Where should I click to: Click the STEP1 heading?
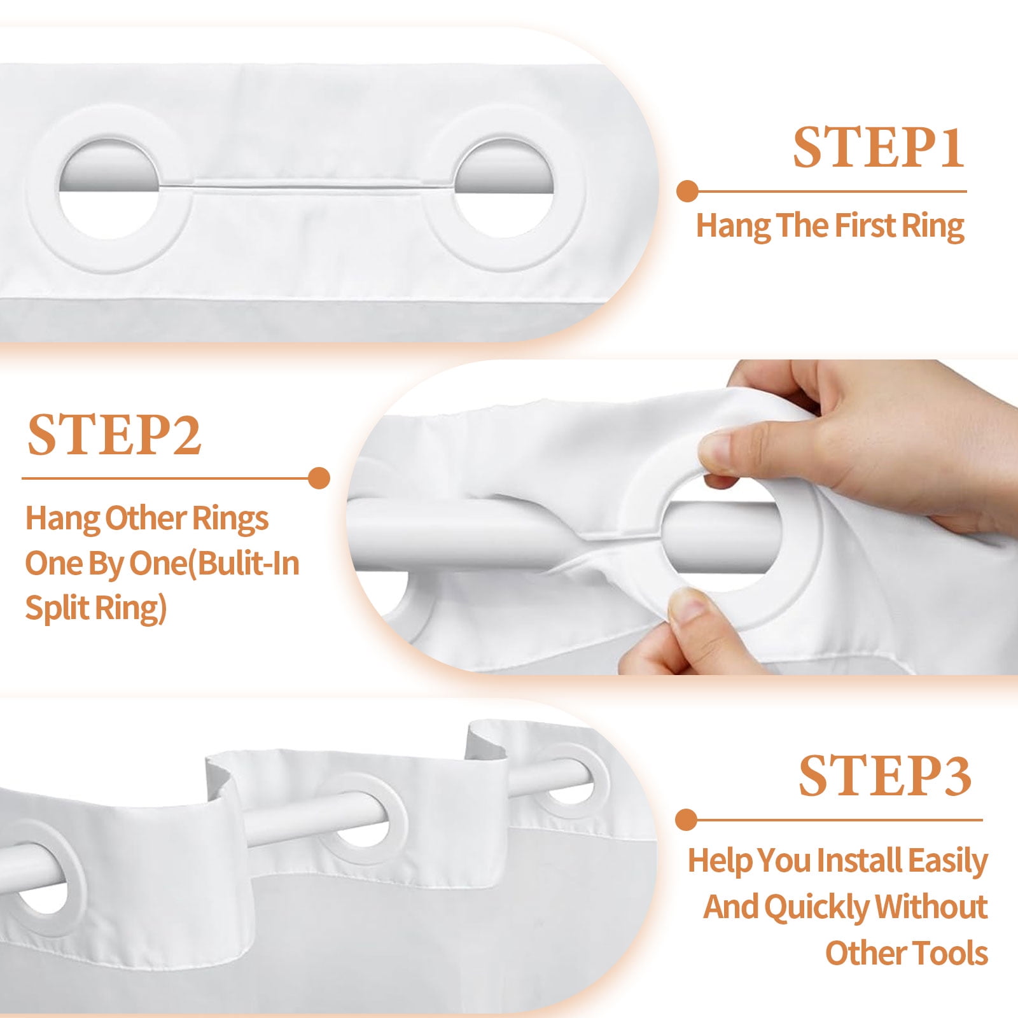coord(878,148)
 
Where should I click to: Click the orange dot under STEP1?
coord(687,191)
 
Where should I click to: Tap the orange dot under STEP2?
coord(319,478)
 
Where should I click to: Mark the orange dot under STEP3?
coord(687,819)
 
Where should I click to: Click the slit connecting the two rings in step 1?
coord(305,186)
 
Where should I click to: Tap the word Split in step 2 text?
coord(57,608)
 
